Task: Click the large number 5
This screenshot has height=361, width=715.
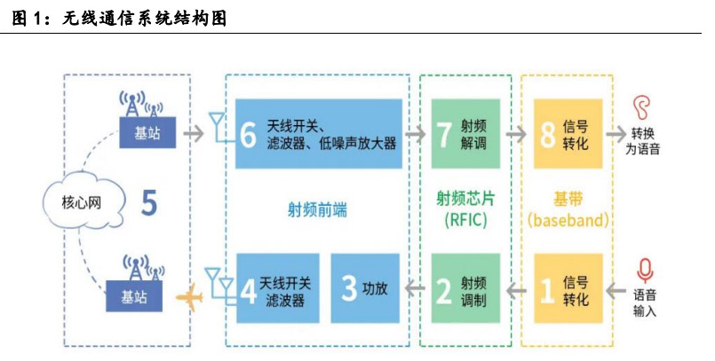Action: tap(149, 204)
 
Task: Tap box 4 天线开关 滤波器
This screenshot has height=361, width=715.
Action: tap(276, 289)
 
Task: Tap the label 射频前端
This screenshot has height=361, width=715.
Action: tap(317, 210)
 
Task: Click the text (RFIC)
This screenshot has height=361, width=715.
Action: tap(465, 220)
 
